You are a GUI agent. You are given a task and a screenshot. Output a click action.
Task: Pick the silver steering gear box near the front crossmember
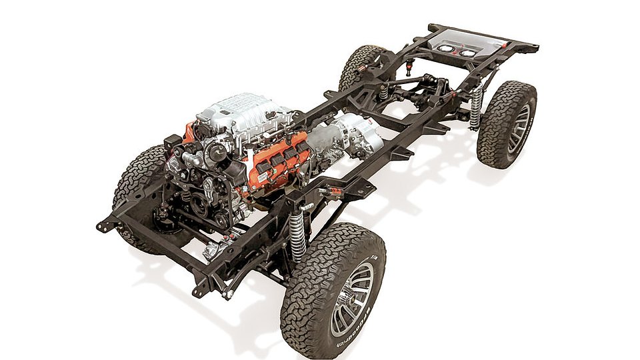point(212,250)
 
